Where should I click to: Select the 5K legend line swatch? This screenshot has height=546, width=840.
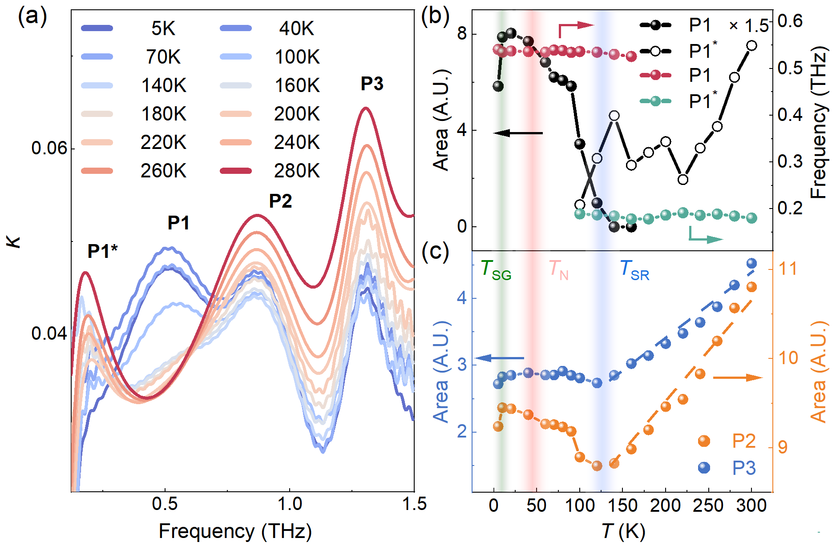click(97, 28)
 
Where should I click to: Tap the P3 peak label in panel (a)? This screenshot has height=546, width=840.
click(372, 84)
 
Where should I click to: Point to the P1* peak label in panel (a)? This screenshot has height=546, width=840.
click(103, 251)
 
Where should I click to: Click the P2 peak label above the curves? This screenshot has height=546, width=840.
click(280, 201)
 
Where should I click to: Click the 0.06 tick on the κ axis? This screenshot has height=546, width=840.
click(49, 148)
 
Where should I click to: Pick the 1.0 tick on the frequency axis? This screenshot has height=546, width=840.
click(290, 505)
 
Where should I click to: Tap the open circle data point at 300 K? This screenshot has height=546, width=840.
click(752, 46)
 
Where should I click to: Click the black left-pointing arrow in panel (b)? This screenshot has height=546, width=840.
click(518, 132)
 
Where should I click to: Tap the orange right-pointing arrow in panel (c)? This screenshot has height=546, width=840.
click(738, 377)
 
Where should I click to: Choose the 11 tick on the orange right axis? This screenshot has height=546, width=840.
click(787, 269)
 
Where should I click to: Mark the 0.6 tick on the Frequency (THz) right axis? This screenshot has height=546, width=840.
click(790, 21)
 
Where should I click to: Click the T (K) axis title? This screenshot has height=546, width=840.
click(623, 531)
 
